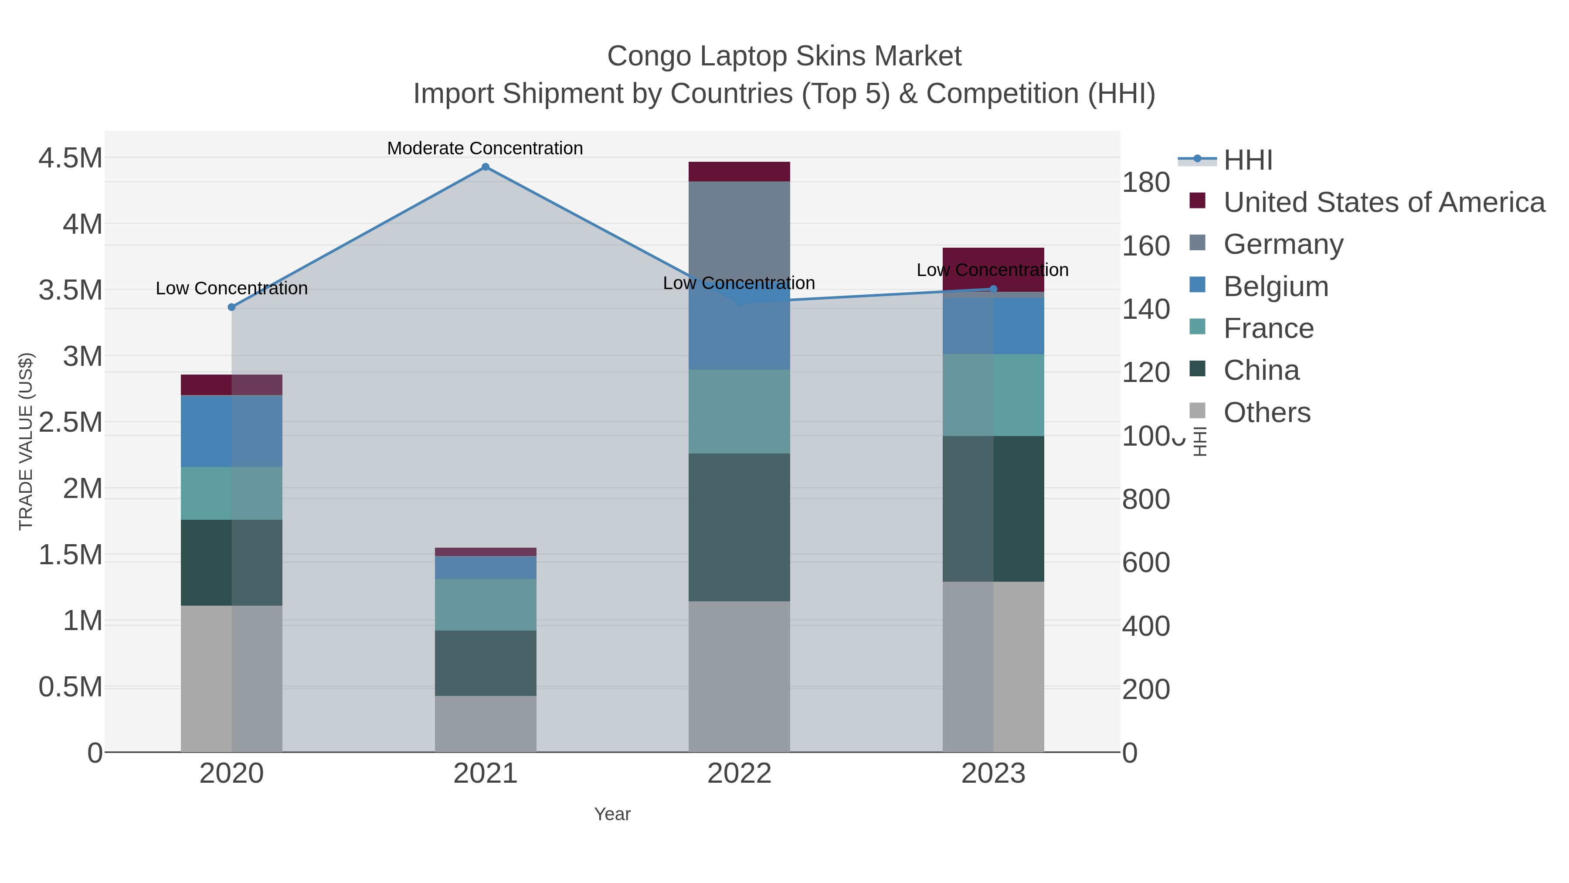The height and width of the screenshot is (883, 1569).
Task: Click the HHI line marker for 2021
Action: (x=486, y=167)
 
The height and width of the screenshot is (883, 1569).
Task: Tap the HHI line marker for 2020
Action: (x=231, y=307)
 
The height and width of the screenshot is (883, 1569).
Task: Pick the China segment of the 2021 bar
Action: (x=486, y=663)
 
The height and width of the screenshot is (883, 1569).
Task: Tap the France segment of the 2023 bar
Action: (x=993, y=395)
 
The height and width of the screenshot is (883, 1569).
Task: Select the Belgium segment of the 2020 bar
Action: (x=231, y=431)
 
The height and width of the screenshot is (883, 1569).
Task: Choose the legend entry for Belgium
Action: (x=1276, y=286)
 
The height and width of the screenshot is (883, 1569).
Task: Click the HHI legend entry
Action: (x=1247, y=160)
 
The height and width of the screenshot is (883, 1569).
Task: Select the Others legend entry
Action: (x=1267, y=413)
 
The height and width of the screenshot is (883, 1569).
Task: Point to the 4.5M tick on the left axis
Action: (x=71, y=158)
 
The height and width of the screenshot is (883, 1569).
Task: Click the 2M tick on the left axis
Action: (x=82, y=488)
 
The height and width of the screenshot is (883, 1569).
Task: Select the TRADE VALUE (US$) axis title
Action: (x=26, y=441)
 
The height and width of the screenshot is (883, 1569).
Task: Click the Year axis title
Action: (x=612, y=814)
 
